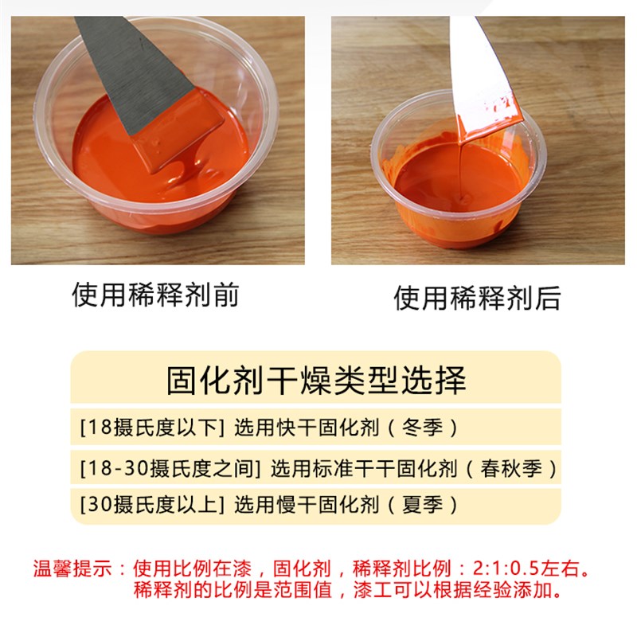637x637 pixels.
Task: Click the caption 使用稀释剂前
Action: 155,295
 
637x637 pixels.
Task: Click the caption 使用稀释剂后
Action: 477,298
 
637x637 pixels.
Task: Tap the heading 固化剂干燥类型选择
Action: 316,381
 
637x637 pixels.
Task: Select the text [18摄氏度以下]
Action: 148,428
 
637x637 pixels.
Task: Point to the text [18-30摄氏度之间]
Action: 171,467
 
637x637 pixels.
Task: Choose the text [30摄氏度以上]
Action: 148,504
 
